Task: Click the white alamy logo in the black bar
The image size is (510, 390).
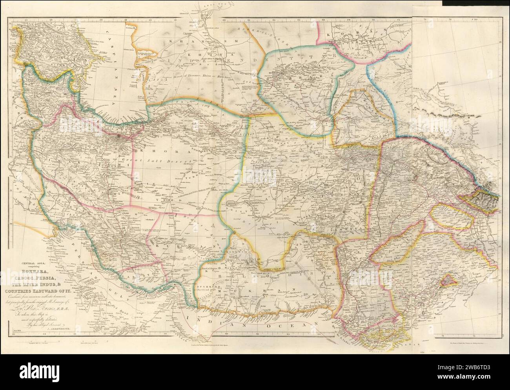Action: [47, 371]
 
